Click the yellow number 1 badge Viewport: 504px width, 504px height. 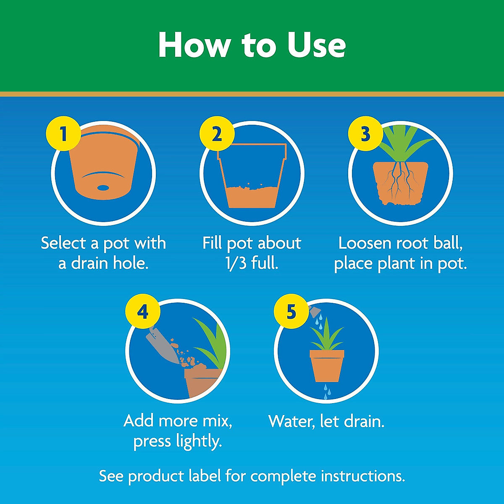(63, 134)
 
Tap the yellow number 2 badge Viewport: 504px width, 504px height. (216, 134)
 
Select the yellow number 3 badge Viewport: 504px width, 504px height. (365, 134)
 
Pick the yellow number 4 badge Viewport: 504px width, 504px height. (142, 312)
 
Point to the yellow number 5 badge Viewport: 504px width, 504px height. (291, 312)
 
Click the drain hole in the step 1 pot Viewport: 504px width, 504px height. (102, 187)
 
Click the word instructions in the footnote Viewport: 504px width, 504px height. (362, 476)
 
